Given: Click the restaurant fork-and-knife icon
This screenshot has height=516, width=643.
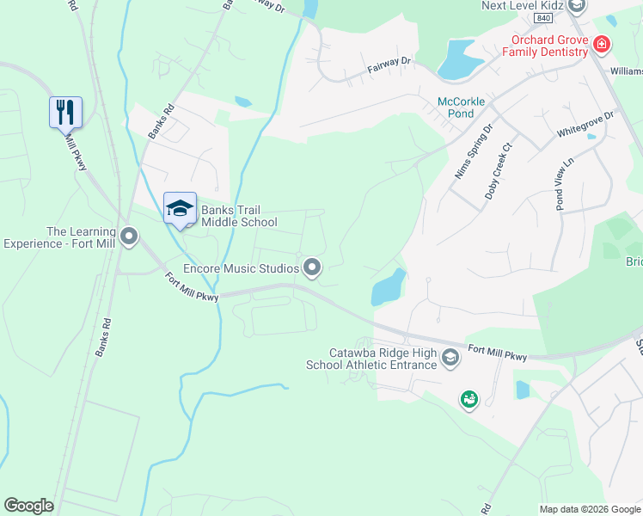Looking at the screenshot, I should [x=64, y=113].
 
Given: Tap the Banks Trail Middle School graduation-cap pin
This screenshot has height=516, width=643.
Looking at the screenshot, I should [x=180, y=209].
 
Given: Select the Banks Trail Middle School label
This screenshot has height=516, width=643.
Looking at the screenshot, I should [x=239, y=216].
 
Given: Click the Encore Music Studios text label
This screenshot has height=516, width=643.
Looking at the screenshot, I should [x=241, y=268].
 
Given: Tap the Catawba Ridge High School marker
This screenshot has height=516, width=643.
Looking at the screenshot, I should [x=450, y=358].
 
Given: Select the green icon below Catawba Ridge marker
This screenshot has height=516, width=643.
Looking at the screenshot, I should [x=468, y=399].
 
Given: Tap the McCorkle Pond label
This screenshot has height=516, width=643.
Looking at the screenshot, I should [x=462, y=107].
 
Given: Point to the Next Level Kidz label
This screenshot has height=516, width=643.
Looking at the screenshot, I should [x=522, y=5].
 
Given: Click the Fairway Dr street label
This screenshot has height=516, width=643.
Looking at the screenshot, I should [x=389, y=62].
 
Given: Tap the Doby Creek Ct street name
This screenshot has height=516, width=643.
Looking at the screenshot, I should [x=498, y=171].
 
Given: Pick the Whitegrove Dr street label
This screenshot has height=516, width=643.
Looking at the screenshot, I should [x=585, y=123].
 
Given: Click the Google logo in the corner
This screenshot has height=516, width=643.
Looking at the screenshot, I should [x=28, y=506].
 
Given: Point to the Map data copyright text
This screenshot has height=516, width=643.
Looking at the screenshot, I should [x=590, y=509].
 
